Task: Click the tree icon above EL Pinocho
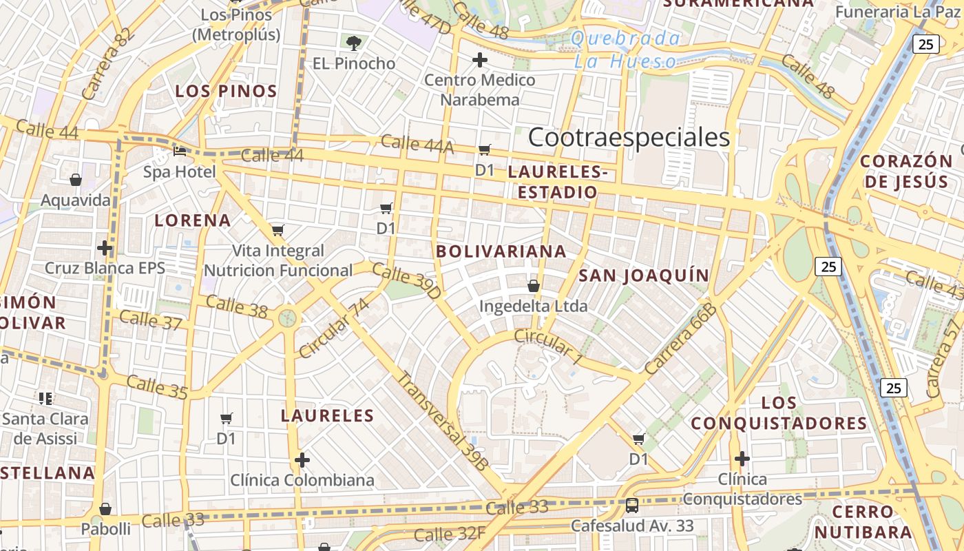point(354,43)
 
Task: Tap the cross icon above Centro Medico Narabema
point(480,60)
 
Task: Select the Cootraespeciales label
point(629,138)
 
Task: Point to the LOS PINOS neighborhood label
point(226,91)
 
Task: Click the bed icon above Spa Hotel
point(180,151)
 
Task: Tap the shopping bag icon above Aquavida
point(76,180)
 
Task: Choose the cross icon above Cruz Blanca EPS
point(105,247)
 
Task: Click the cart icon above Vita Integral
point(277,230)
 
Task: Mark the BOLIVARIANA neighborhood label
point(501,251)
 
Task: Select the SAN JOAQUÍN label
point(644,275)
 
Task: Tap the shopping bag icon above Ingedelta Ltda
point(533,285)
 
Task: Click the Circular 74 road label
point(334,329)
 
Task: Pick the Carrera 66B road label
point(682,339)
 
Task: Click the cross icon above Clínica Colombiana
point(302,459)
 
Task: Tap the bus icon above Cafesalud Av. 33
point(631,506)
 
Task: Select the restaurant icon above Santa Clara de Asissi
point(45,398)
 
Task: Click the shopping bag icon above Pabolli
point(105,509)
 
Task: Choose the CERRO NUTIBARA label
point(863,521)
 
